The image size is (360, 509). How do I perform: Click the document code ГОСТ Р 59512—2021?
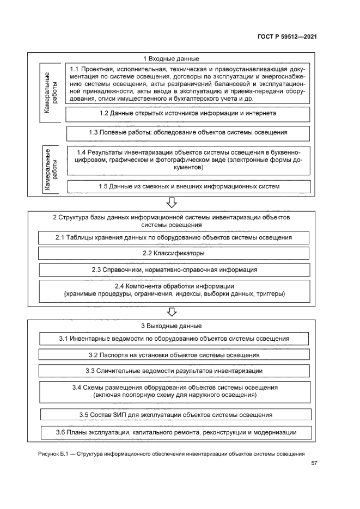click(286, 36)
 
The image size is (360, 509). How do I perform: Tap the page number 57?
click(313, 464)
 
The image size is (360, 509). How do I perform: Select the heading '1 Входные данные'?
click(171, 58)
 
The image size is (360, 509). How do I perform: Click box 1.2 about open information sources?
click(188, 114)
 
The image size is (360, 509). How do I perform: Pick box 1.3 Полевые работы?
click(188, 132)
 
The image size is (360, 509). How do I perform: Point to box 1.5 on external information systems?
click(189, 186)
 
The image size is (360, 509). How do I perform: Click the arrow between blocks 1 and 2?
click(172, 203)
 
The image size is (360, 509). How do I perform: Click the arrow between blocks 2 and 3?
click(172, 311)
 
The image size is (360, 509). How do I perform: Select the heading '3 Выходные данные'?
click(172, 326)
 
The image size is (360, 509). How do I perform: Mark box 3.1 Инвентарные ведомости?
click(174, 339)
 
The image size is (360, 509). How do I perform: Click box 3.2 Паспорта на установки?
click(174, 355)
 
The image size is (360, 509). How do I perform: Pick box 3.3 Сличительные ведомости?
click(174, 371)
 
